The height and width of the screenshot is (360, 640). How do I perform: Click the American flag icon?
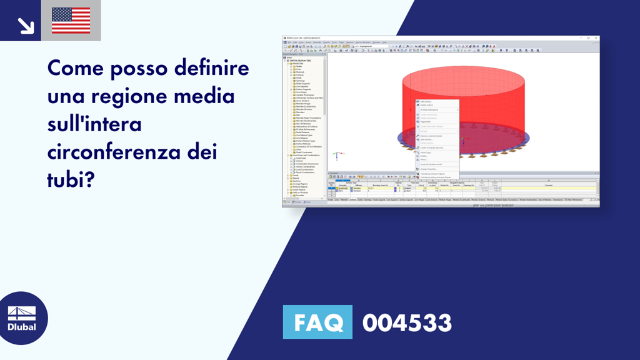pos(71,21)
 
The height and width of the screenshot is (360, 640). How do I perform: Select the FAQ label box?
pos(317,323)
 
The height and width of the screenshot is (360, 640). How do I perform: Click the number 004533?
pos(407,323)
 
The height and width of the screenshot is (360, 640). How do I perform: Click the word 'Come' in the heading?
pos(74,67)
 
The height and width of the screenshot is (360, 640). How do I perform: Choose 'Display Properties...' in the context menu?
pos(429,169)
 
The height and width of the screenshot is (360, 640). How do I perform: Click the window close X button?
pos(596,38)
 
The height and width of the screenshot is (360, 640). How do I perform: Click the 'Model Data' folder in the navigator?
pos(297,63)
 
